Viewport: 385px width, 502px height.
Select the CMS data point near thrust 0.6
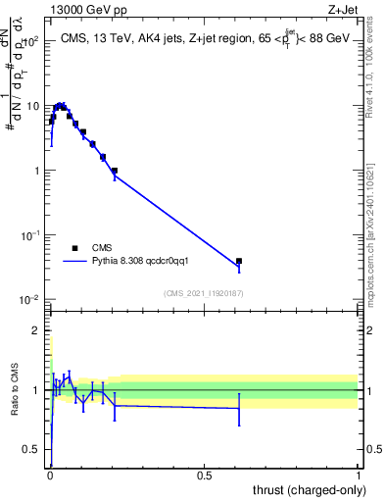[x=239, y=262]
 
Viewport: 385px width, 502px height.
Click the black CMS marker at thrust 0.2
[x=115, y=171]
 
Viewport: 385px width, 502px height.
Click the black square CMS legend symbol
[x=74, y=248]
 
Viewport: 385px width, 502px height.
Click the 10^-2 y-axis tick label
[x=31, y=300]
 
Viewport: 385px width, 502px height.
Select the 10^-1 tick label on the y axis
[x=31, y=235]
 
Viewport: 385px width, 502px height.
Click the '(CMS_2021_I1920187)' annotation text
[x=204, y=292]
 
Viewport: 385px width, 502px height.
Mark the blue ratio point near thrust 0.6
[x=239, y=409]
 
